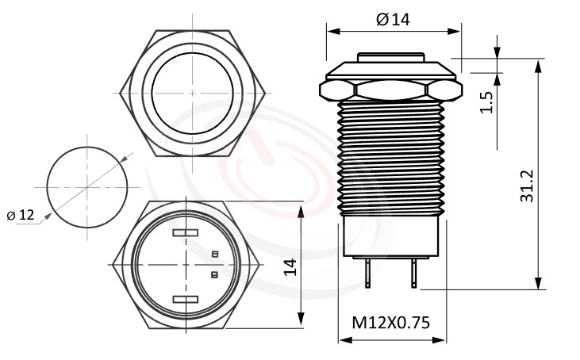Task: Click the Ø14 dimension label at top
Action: [394, 20]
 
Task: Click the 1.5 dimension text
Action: [486, 101]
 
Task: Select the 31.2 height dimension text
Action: [526, 186]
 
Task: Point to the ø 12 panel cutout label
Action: [21, 215]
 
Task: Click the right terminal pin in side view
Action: [413, 274]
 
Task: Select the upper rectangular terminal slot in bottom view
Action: [184, 233]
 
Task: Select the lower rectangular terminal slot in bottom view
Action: [184, 299]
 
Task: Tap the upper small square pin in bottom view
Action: [214, 254]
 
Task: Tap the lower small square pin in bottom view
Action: [214, 275]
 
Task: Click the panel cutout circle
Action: [87, 186]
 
